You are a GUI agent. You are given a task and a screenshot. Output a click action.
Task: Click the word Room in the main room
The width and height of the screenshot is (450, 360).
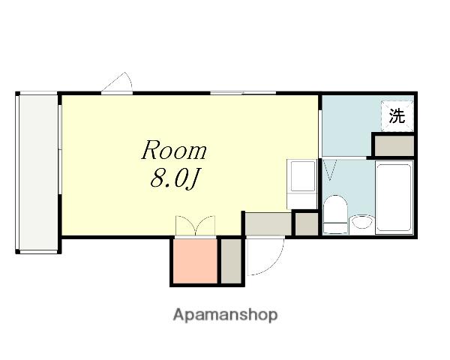pos(174,150)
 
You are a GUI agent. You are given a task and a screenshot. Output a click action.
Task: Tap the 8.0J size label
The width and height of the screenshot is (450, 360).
pos(175,178)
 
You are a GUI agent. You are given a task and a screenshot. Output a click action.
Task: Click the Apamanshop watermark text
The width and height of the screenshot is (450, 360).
pos(225,315)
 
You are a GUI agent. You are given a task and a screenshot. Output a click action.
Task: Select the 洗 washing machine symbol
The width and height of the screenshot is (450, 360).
pos(397,116)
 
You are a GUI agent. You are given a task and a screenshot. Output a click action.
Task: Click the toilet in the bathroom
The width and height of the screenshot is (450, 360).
pos(335,214)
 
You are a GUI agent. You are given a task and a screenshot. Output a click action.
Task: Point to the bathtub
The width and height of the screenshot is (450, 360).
pos(394,197)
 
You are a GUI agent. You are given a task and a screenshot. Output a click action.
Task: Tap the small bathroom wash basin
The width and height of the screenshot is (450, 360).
pos(362,223)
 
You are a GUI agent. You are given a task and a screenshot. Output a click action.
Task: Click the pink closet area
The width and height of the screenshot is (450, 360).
pos(196,261)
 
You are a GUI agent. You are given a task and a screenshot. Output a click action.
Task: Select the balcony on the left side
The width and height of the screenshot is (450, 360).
pos(38,172)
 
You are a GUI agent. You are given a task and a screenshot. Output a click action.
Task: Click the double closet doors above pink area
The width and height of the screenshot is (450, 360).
pos(195,226)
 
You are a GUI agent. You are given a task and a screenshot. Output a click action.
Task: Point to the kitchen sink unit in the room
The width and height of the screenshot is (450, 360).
pos(301,184)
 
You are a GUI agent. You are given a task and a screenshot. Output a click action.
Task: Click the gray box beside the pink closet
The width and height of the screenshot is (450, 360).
pos(231,261)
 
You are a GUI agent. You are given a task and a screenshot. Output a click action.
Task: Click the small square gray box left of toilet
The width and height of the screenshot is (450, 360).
pos(307,224)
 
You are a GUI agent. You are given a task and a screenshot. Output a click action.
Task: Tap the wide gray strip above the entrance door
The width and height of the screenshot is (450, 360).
pos(268,224)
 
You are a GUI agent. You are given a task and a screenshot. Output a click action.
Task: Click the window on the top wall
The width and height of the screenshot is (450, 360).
pos(243,93)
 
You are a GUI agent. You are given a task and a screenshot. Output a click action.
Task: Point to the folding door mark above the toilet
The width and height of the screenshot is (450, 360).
pos(331,170)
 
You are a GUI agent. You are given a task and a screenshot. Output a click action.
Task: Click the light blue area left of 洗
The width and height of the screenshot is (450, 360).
pos(346,126)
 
